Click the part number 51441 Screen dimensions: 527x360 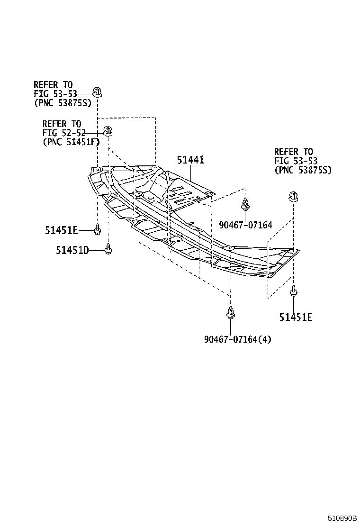tap(190, 160)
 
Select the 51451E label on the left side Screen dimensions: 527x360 tap(61, 230)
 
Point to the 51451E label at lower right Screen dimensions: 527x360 tap(296, 318)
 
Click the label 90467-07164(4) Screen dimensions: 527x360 tap(238, 339)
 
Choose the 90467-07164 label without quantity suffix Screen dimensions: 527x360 tap(245, 225)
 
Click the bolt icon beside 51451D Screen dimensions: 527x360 tap(108, 248)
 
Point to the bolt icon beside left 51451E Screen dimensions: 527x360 tap(98, 230)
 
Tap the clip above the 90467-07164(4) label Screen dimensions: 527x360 tap(230, 312)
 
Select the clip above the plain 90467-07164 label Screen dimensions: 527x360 tap(245, 204)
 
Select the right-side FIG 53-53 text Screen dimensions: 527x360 tap(294, 161)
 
